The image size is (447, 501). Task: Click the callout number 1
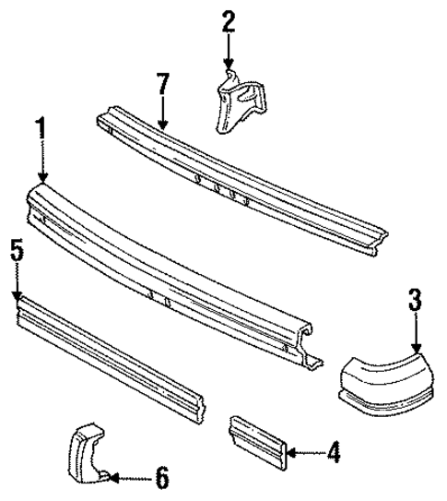(x=40, y=128)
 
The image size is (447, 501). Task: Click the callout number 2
(x=229, y=21)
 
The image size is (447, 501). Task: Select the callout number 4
(x=333, y=452)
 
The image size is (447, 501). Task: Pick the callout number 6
(x=161, y=478)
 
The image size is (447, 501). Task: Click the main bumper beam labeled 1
(x=175, y=268)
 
